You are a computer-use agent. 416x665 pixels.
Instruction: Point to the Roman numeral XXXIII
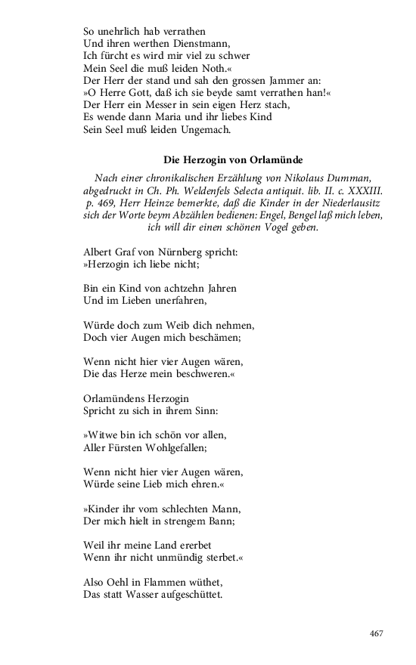[x=360, y=190]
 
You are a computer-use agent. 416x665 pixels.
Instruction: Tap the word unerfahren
[x=173, y=300]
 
